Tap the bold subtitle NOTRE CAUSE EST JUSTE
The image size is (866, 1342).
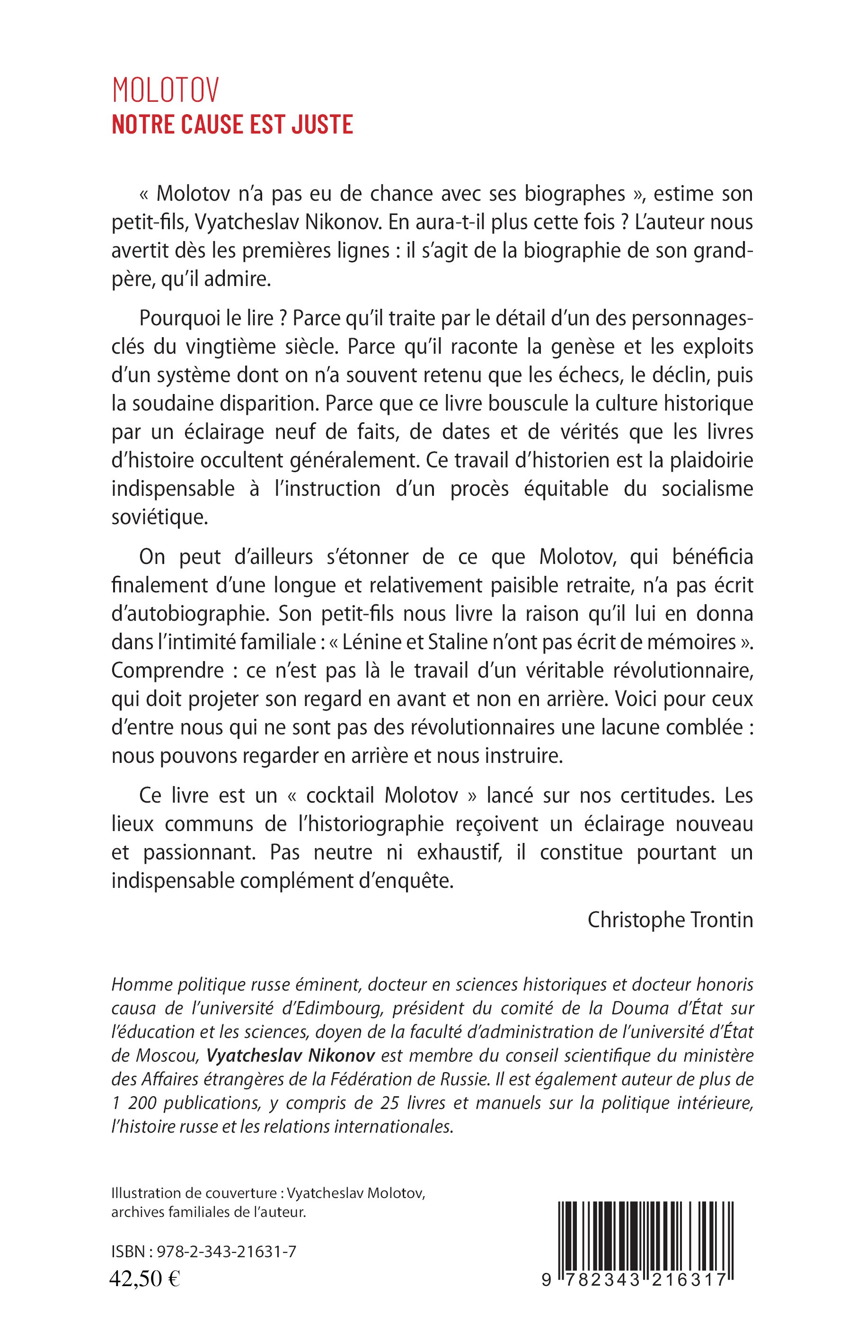point(232,125)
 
